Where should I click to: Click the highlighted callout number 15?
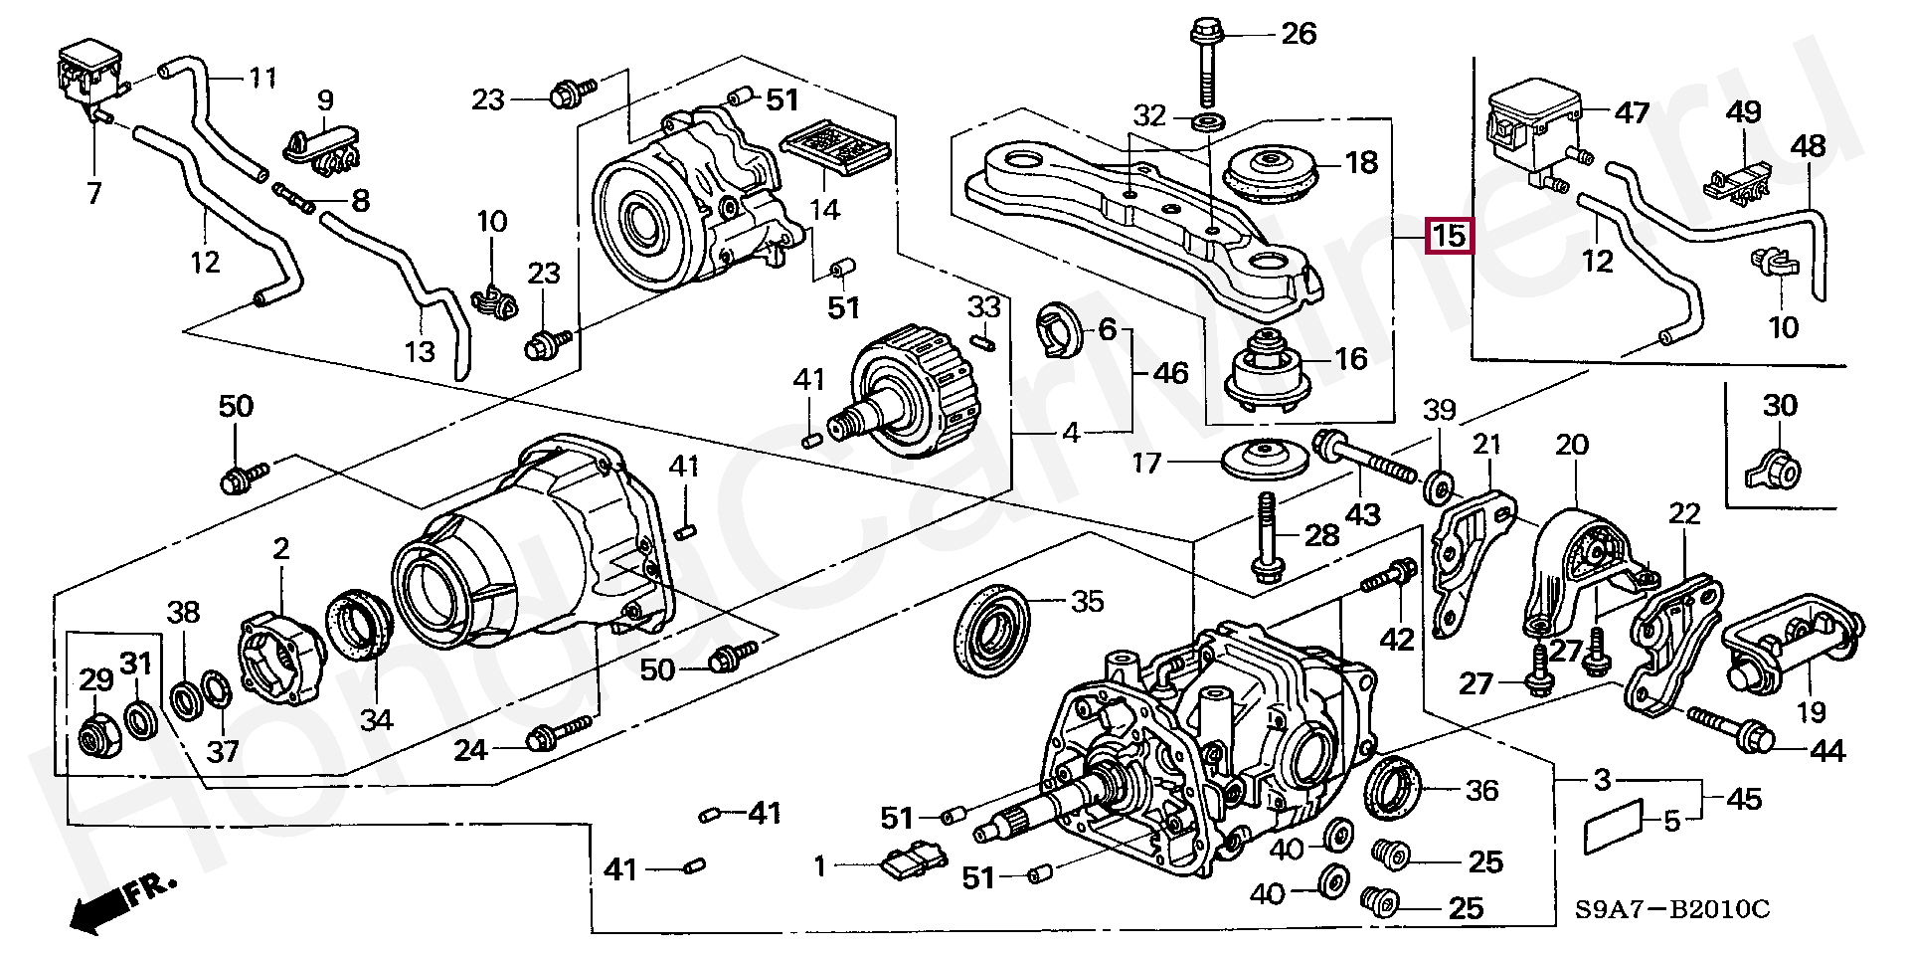pyautogui.click(x=1449, y=236)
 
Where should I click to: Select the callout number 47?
pyautogui.click(x=1632, y=112)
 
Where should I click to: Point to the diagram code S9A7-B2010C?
pyautogui.click(x=1671, y=909)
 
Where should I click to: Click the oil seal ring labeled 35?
pyautogui.click(x=989, y=629)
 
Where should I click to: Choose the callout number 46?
pyautogui.click(x=1170, y=373)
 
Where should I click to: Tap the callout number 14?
pyautogui.click(x=824, y=209)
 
